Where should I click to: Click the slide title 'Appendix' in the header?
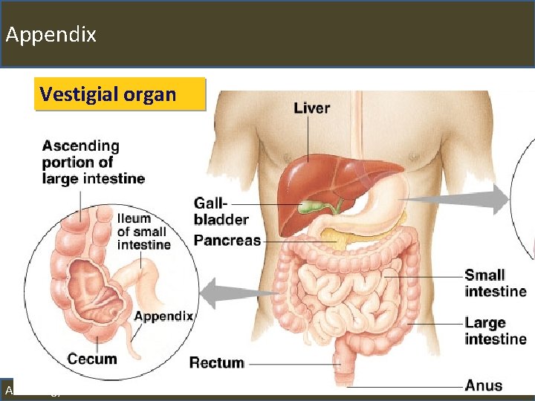click(x=51, y=34)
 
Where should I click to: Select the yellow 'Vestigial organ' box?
click(x=108, y=94)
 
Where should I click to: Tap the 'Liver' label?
click(x=311, y=108)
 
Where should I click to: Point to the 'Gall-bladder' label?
click(x=221, y=211)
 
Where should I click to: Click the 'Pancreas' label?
click(x=227, y=240)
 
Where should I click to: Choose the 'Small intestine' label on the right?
click(x=495, y=283)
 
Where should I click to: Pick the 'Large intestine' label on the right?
click(x=495, y=330)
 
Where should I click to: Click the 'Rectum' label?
click(x=216, y=362)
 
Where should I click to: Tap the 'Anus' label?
click(x=483, y=385)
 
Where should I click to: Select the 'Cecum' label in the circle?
click(x=92, y=359)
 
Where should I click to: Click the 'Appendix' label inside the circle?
click(x=163, y=316)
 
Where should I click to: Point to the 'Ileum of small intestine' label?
click(x=143, y=231)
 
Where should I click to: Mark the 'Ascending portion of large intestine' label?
click(x=93, y=162)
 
